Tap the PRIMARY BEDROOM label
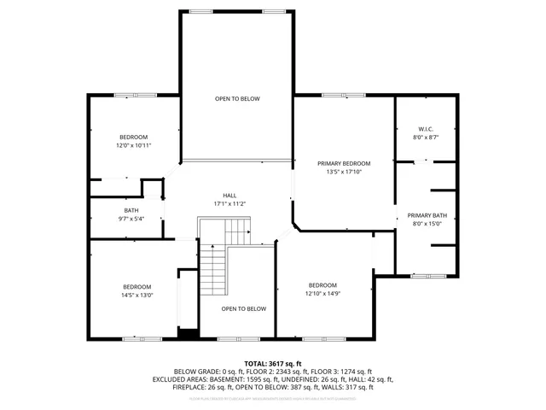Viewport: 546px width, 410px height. pyautogui.click(x=344, y=163)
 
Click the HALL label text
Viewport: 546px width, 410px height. pyautogui.click(x=229, y=195)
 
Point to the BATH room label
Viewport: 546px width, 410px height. pyautogui.click(x=131, y=210)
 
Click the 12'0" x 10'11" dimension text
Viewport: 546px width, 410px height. pyautogui.click(x=133, y=145)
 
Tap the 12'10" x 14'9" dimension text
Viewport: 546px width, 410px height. pyautogui.click(x=322, y=293)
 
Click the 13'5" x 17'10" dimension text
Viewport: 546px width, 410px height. pyautogui.click(x=344, y=172)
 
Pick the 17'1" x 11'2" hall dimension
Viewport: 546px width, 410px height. pyautogui.click(x=229, y=203)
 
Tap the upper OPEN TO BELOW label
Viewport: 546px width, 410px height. pyautogui.click(x=237, y=99)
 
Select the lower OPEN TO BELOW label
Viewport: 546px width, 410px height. pyautogui.click(x=243, y=308)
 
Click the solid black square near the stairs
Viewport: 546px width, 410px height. pyautogui.click(x=185, y=333)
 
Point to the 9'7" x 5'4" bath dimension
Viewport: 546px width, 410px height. pyautogui.click(x=131, y=219)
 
